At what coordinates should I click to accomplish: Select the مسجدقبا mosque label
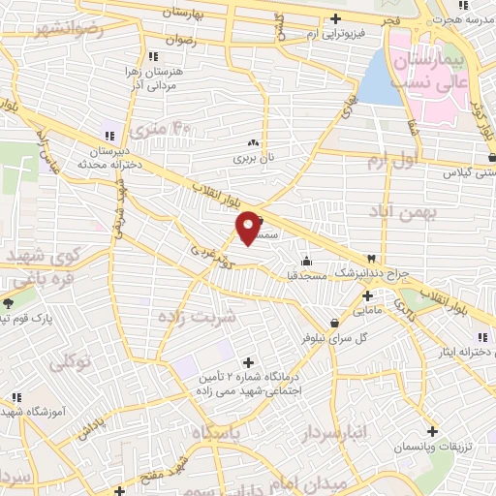point(304,276)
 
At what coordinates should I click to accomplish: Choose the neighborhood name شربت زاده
point(198,318)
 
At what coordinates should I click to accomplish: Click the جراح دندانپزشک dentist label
point(367,274)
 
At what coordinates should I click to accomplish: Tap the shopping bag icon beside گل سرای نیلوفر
point(334,323)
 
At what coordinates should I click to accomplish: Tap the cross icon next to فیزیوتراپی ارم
point(336,18)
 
